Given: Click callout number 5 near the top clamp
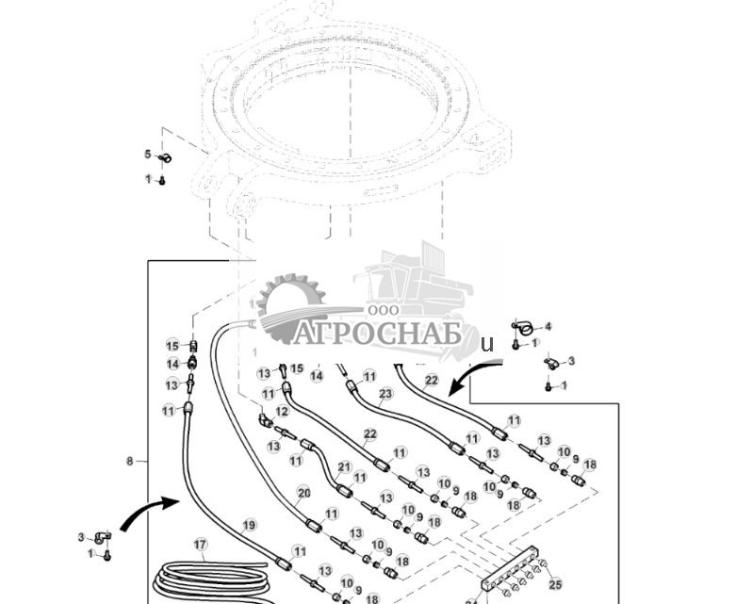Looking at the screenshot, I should (x=147, y=155).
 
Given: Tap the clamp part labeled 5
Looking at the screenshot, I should (x=163, y=157).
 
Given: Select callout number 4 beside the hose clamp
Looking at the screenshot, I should (x=548, y=327).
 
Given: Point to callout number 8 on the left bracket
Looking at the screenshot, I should (x=130, y=461).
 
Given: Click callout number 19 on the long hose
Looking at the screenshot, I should (x=248, y=525).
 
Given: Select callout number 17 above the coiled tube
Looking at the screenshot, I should (x=200, y=545).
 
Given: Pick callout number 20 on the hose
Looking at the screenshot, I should (x=303, y=493).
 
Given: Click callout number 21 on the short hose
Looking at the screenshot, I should (x=344, y=466).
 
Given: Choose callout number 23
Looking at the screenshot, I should (x=385, y=394).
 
